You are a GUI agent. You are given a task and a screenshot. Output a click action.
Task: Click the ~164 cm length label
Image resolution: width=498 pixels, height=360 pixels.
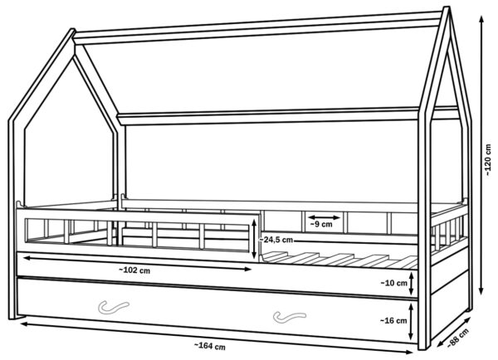click(x=210, y=347)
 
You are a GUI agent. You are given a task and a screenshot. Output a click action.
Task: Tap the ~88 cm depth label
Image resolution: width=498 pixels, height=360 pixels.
click(x=458, y=338)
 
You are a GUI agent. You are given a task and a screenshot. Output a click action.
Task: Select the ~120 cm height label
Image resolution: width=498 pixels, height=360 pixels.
click(x=488, y=160)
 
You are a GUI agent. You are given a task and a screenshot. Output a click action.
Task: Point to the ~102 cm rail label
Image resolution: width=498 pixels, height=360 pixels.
click(x=134, y=270)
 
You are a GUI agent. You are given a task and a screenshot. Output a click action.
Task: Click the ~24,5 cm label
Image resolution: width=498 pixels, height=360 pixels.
click(x=276, y=240)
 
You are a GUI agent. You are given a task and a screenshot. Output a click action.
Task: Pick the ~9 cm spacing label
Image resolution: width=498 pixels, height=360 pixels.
click(x=321, y=225)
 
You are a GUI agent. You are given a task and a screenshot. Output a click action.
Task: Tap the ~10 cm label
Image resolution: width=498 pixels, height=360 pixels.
click(x=393, y=283)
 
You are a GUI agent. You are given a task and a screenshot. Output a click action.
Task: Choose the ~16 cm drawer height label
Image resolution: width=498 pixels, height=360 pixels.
click(x=393, y=321)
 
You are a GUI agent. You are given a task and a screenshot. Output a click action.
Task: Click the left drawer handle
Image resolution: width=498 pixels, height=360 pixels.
click(x=114, y=307)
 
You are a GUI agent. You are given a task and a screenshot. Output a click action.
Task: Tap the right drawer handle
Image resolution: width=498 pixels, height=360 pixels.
click(x=290, y=317)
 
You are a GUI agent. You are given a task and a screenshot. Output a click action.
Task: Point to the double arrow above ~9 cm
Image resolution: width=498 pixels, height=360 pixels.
click(x=324, y=217)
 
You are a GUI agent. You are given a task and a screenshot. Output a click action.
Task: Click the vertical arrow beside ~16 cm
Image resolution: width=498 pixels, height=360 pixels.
click(x=411, y=321)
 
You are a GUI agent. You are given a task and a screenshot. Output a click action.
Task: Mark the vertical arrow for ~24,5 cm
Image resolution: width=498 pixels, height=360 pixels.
click(x=254, y=240)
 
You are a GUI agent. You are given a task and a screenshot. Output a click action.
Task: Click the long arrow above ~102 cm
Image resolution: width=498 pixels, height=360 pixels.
click(x=137, y=263)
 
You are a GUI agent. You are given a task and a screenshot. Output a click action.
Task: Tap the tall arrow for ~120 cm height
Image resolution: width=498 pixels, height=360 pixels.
click(x=481, y=155)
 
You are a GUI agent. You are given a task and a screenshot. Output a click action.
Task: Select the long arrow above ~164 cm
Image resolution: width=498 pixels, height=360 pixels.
click(x=216, y=338)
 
